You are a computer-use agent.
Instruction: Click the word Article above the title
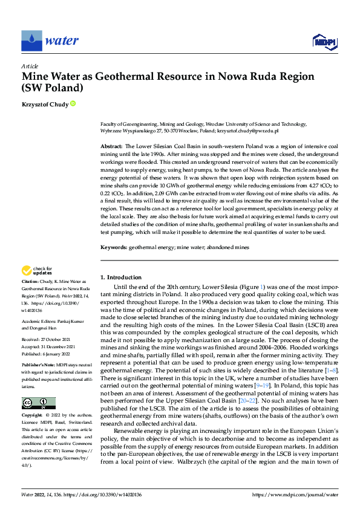tap(30, 66)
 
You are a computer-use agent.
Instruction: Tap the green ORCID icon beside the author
tap(73, 104)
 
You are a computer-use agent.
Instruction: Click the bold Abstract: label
tap(111, 147)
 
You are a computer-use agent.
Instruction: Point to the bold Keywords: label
tap(114, 248)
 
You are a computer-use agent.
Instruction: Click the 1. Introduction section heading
tap(121, 277)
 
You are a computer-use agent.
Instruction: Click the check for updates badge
tap(38, 272)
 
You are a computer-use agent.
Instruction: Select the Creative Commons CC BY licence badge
tap(38, 386)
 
